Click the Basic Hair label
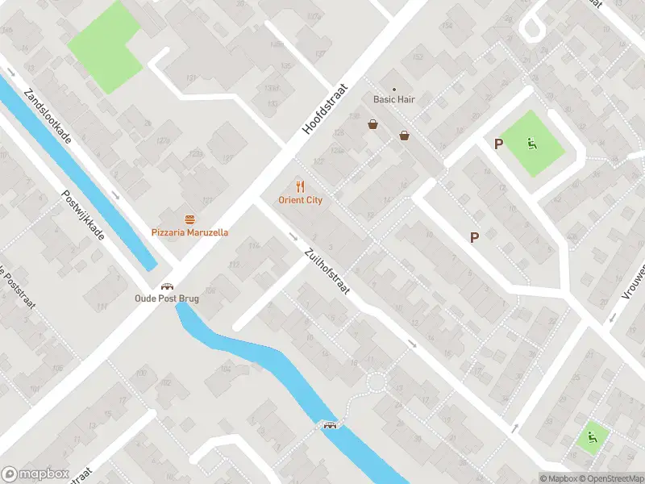pos(393,100)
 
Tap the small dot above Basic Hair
pos(393,89)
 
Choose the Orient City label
pos(300,200)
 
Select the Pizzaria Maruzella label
pos(189,232)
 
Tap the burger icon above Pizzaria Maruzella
pos(189,219)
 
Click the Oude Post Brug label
pos(167,298)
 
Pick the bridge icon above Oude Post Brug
pos(167,286)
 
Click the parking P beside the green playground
pos(499,144)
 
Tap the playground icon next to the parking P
pos(531,144)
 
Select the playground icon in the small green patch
pos(593,437)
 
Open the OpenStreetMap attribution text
pos(610,478)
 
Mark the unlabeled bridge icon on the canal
pos(329,425)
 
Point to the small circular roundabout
pos(376,382)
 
